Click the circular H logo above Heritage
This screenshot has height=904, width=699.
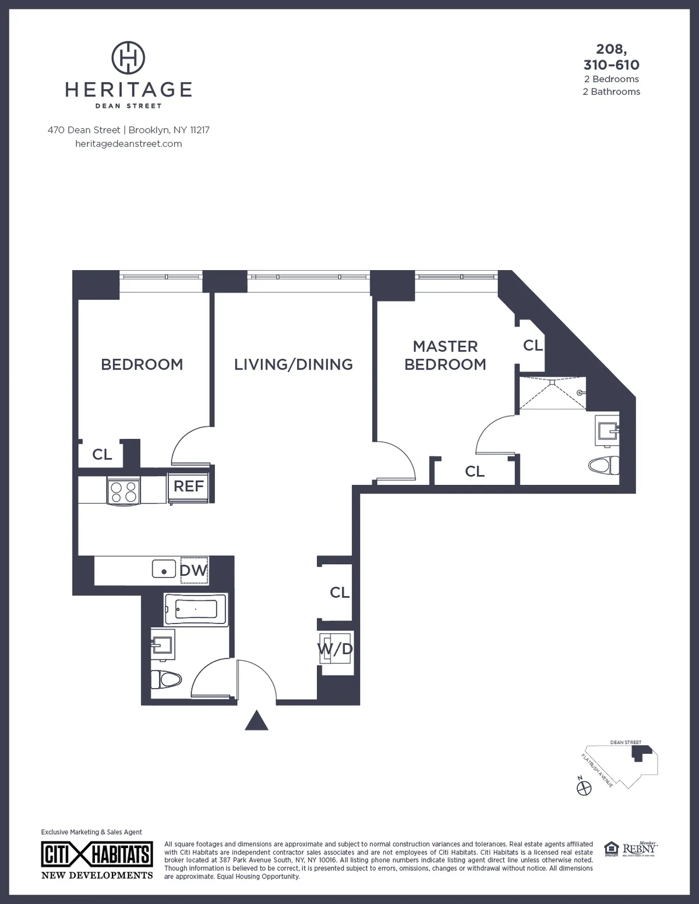[x=128, y=58]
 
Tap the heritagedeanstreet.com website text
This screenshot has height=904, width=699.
[x=129, y=144]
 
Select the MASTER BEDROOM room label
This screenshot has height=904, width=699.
[x=445, y=355]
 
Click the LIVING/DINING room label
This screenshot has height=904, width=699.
[x=294, y=364]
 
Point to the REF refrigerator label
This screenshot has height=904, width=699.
[x=189, y=486]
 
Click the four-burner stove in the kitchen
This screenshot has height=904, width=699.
[x=123, y=490]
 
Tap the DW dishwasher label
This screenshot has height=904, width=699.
[x=193, y=570]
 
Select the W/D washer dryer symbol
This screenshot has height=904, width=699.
[x=336, y=649]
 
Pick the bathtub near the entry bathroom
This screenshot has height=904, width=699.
[x=195, y=609]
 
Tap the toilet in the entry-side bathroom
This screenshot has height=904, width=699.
[x=165, y=679]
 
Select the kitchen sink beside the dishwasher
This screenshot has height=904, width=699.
[x=164, y=569]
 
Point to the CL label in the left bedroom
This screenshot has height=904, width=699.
[x=102, y=454]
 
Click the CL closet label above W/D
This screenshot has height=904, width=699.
[x=340, y=593]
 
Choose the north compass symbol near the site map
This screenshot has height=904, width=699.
[x=583, y=788]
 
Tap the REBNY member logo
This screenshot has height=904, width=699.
[x=639, y=849]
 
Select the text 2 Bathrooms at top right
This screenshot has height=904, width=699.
[x=611, y=91]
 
